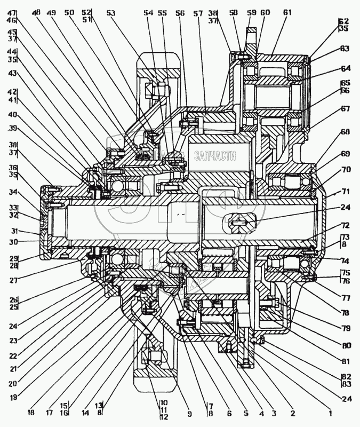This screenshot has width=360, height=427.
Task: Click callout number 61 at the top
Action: [x=287, y=12]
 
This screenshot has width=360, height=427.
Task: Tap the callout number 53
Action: [x=110, y=12]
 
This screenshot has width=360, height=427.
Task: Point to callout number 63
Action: [x=345, y=49]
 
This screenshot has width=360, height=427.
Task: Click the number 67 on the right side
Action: [x=345, y=108]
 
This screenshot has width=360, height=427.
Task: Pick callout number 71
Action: [x=345, y=191]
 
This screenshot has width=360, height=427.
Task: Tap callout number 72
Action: [x=345, y=226]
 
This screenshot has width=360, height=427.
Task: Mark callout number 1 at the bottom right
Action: [x=330, y=412]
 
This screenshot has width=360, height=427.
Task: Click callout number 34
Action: [x=13, y=192]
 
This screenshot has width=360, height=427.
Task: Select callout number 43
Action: [x=13, y=73]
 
